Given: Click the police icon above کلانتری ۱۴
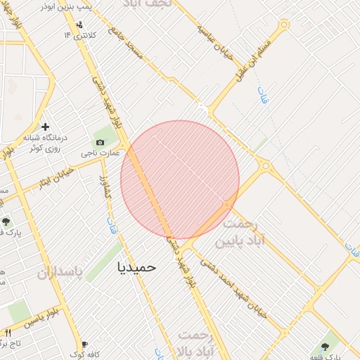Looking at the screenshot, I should point(78,24).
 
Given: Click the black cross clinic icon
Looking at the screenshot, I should point(46,127).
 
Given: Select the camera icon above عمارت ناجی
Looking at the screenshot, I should point(100,142).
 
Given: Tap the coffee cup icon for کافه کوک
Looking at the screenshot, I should point(84,345).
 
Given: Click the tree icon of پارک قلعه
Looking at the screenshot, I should point(324,347).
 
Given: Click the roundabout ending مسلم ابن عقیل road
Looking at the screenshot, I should point(284,25).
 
